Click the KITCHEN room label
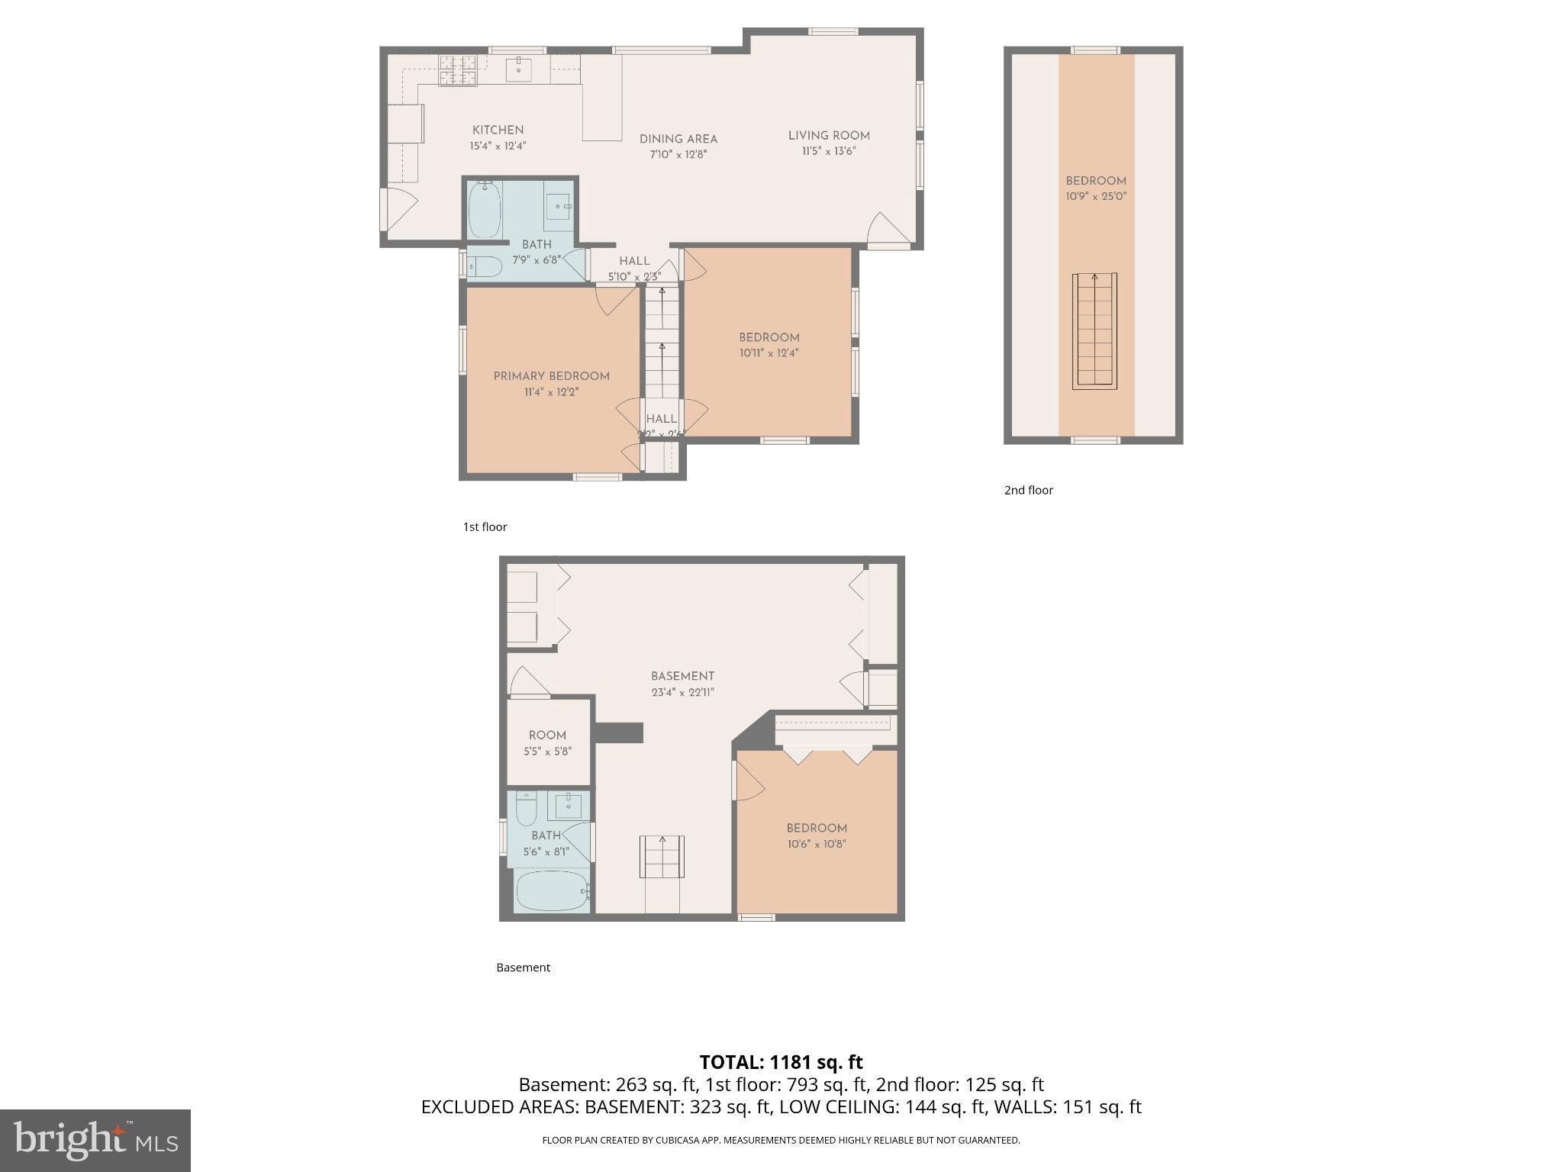pyautogui.click(x=498, y=130)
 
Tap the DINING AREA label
pyautogui.click(x=678, y=140)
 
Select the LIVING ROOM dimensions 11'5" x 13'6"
pyautogui.click(x=828, y=151)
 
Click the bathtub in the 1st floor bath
pyautogui.click(x=484, y=209)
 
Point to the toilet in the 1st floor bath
pyautogui.click(x=484, y=266)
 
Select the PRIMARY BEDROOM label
pyautogui.click(x=551, y=376)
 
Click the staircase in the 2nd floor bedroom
pyautogui.click(x=1094, y=331)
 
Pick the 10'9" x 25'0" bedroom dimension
pyautogui.click(x=1096, y=196)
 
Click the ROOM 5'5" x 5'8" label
pyautogui.click(x=547, y=742)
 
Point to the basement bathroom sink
pyautogui.click(x=569, y=804)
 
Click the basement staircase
pyautogui.click(x=662, y=857)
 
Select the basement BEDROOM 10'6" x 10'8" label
pyautogui.click(x=817, y=836)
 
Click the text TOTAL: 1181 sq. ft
pyautogui.click(x=781, y=1061)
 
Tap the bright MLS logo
pyautogui.click(x=95, y=1140)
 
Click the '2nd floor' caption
pyautogui.click(x=1028, y=490)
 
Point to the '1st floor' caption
pyautogui.click(x=485, y=526)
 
